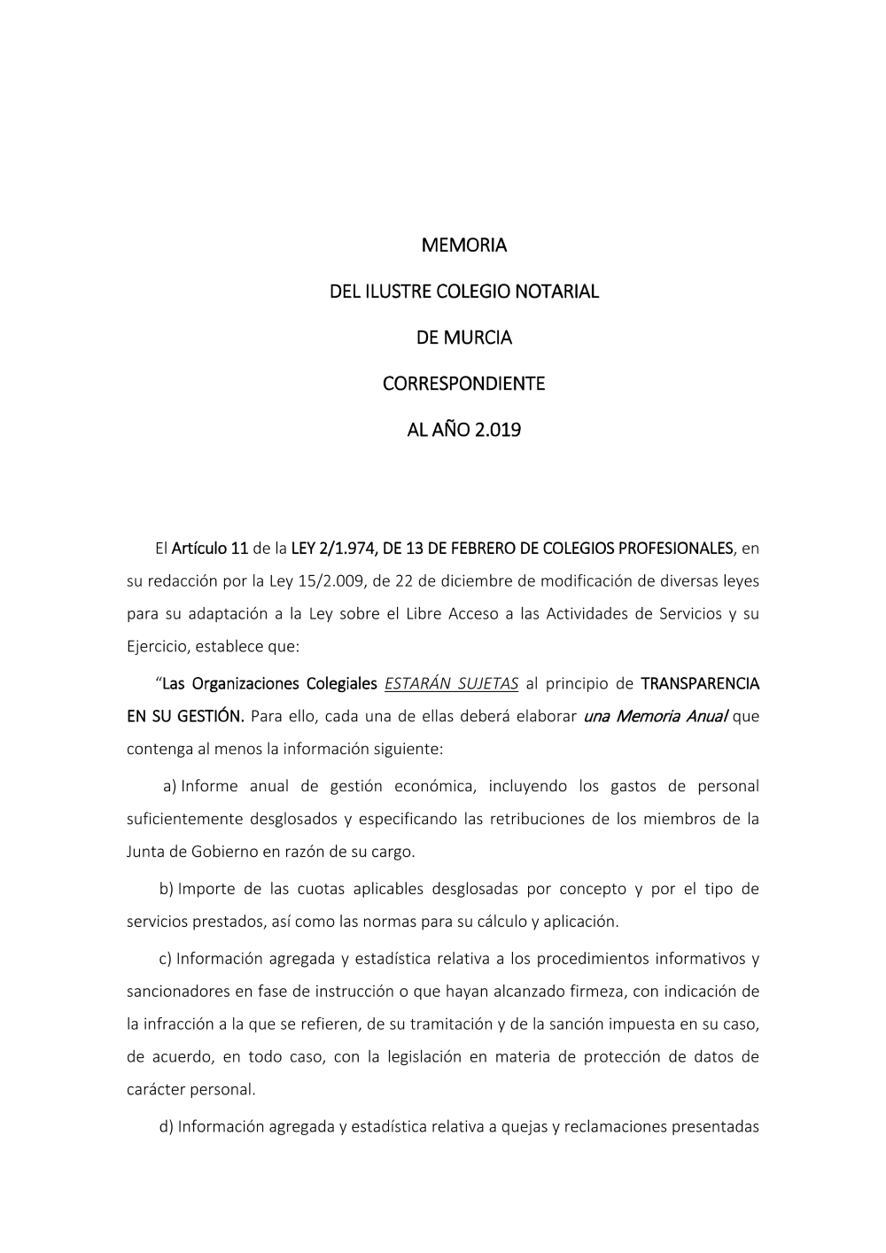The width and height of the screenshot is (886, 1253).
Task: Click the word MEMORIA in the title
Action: point(463,245)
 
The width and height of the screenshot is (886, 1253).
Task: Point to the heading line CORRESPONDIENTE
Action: point(463,385)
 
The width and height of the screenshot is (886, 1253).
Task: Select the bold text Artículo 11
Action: point(210,549)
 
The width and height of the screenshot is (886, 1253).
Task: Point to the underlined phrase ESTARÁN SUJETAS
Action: point(452,683)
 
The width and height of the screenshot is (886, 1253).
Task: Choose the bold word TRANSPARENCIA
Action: point(699,683)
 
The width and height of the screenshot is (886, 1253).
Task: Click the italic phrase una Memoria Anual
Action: point(656,716)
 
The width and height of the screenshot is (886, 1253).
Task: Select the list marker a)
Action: point(169,786)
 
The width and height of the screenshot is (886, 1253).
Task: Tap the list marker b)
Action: point(166,889)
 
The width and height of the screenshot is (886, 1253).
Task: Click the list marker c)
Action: point(165,959)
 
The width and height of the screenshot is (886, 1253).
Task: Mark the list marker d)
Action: point(166,1126)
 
